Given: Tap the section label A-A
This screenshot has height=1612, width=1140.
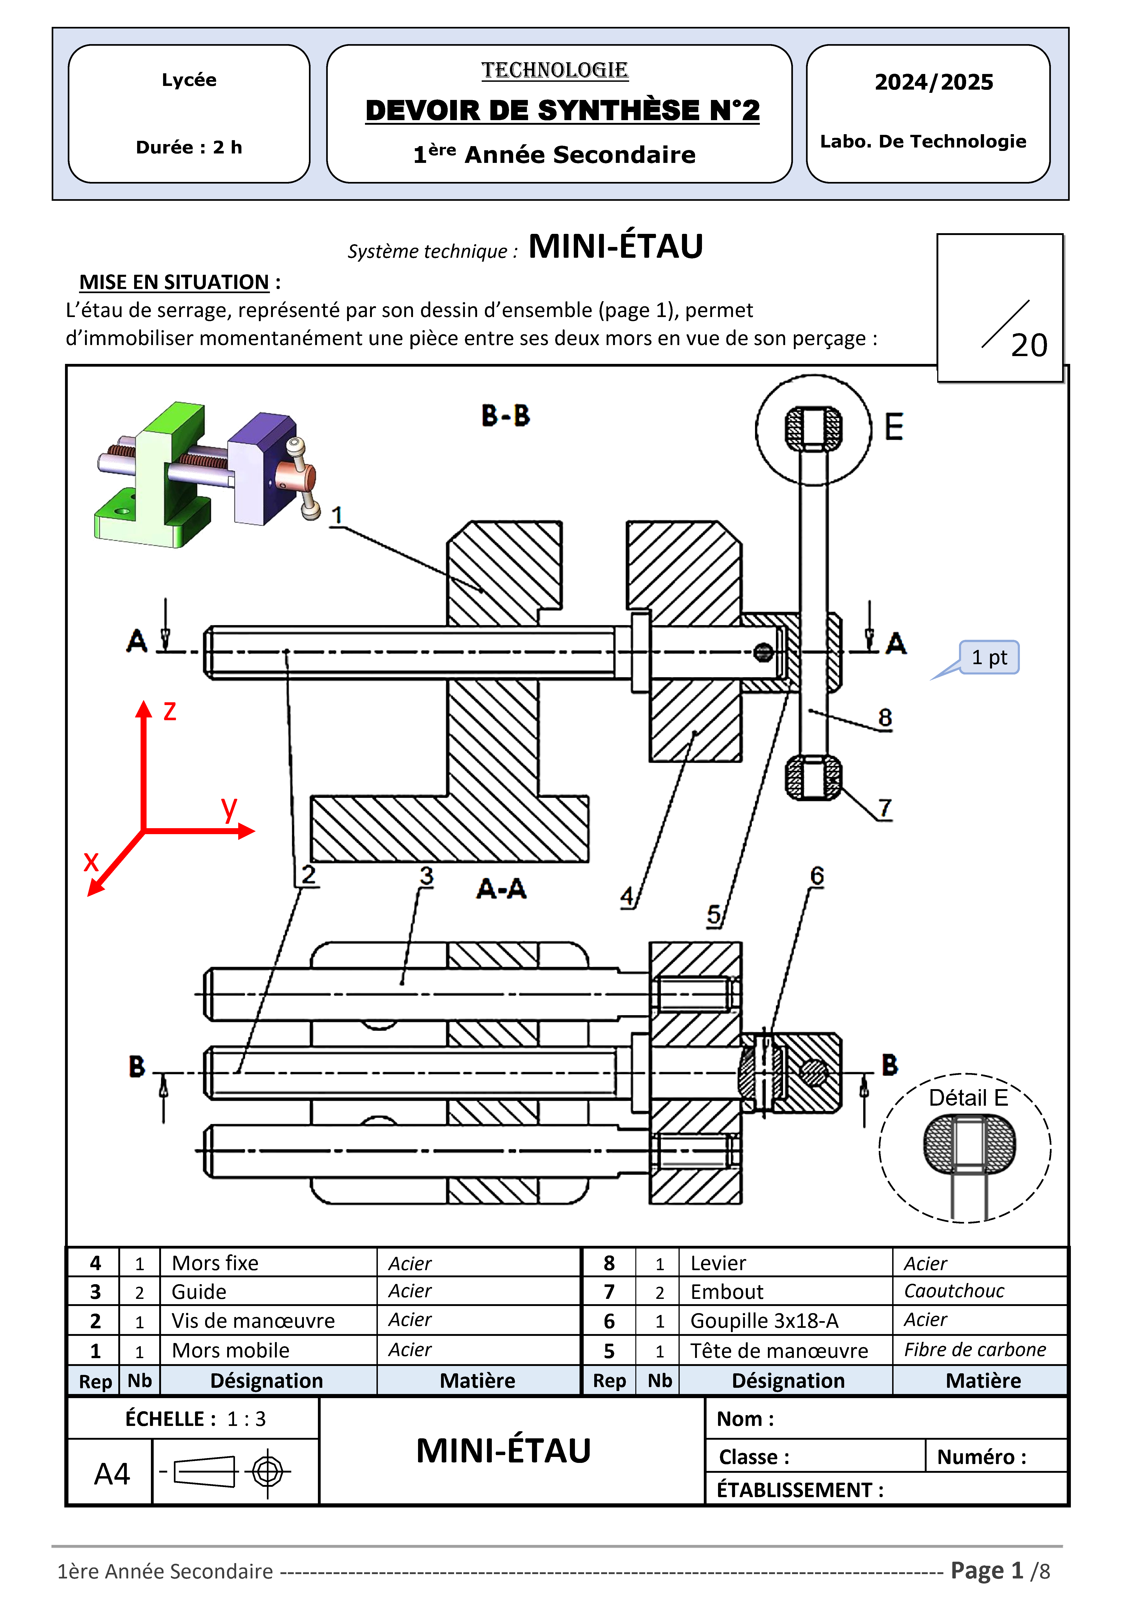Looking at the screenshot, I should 501,889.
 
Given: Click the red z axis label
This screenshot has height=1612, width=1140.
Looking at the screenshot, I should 169,711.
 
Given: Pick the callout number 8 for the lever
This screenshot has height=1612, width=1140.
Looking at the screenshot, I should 885,717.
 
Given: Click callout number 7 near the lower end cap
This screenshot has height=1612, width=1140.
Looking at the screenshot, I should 885,808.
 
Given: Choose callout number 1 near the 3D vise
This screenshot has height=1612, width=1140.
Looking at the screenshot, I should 337,515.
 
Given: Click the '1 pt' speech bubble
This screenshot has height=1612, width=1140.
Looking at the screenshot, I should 989,658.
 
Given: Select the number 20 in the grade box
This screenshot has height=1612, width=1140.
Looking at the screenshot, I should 1029,346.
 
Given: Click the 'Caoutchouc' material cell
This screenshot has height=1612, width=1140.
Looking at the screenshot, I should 954,1291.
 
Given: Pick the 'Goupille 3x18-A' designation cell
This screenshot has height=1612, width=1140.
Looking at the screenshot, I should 764,1321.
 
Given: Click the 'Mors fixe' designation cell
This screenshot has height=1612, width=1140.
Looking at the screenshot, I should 215,1263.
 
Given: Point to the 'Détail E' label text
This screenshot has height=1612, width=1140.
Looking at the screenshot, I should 968,1098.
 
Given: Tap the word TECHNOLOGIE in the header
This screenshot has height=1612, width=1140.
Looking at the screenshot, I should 554,70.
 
